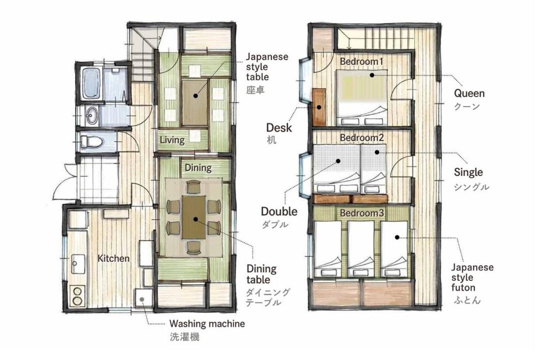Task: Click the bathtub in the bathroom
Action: tap(91, 83)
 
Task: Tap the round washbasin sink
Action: tap(92, 115)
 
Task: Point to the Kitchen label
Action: tap(113, 258)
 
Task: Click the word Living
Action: tap(172, 140)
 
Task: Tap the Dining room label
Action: tap(198, 168)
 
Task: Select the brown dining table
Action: tap(194, 217)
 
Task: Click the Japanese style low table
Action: tap(195, 103)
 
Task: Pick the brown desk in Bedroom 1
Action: tap(319, 107)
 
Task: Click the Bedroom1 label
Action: tap(361, 61)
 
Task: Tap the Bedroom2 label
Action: tap(361, 137)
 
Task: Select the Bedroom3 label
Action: tap(361, 213)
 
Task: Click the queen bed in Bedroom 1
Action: tap(361, 98)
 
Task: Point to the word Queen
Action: tap(469, 93)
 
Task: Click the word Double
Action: tap(279, 211)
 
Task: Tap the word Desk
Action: tap(279, 128)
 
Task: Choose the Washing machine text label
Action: tap(207, 324)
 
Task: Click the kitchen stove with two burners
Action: tap(77, 295)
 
